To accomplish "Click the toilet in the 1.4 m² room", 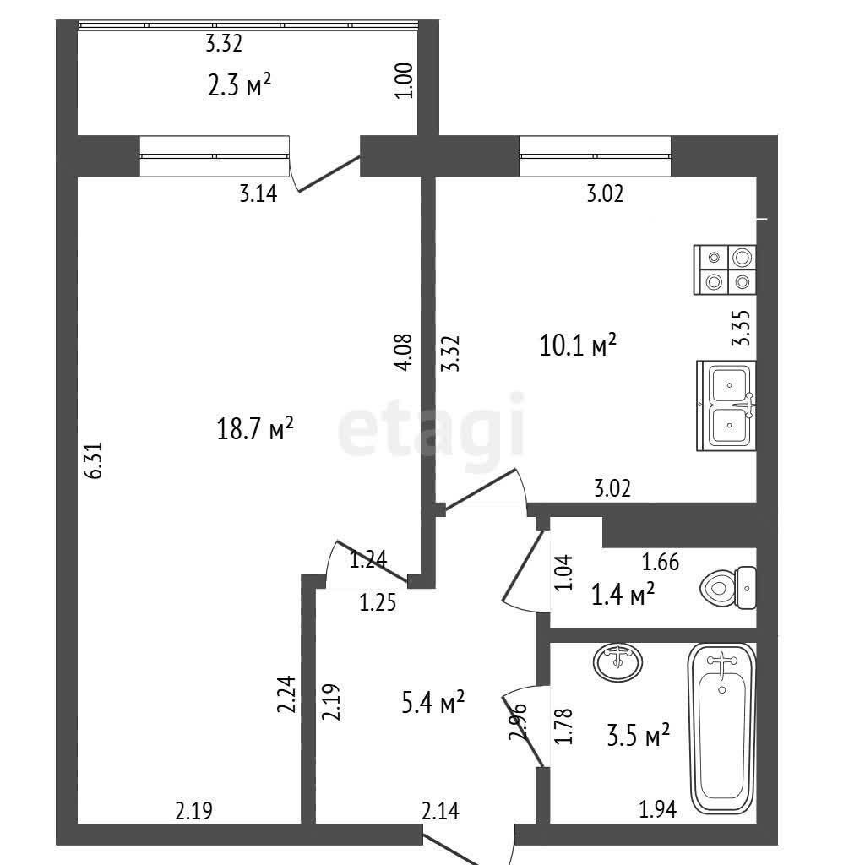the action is point(728,588).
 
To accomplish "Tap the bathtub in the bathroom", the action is point(721,729).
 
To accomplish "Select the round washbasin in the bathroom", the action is point(617,661).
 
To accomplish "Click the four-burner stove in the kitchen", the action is point(725,269).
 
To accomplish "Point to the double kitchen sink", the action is point(726,405).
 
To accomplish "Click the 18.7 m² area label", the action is point(255,428).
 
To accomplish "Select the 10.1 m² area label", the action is point(577,345).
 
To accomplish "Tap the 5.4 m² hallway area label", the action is point(433,703).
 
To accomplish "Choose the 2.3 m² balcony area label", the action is point(239,86).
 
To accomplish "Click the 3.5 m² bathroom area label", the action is point(639,736).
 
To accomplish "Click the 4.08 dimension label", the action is point(403,352).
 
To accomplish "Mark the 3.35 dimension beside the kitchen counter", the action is point(741,328).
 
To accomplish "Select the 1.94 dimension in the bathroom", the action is point(657,810).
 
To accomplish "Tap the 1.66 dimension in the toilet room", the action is point(661,562).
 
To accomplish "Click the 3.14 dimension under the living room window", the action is point(258,194).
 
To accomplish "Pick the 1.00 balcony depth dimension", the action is point(404,80).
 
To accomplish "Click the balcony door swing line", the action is point(329,174).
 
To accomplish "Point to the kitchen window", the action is point(596,156).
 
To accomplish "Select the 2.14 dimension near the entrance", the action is point(440,811).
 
